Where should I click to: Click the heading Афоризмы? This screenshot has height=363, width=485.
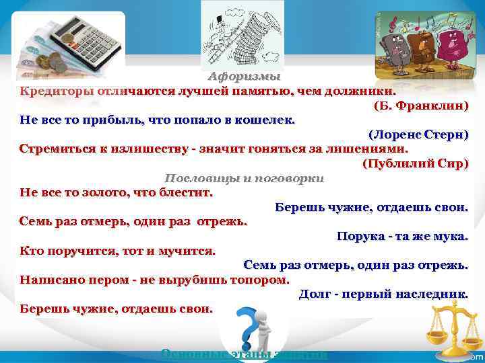tap(243, 76)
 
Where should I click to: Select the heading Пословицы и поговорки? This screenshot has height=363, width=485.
tap(245, 178)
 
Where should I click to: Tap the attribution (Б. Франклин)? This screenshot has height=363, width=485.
tap(421, 106)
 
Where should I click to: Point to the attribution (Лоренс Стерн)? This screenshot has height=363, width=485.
tap(418, 134)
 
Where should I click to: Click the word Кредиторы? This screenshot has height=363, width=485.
tap(57, 91)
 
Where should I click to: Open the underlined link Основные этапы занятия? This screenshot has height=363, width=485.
tap(245, 354)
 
